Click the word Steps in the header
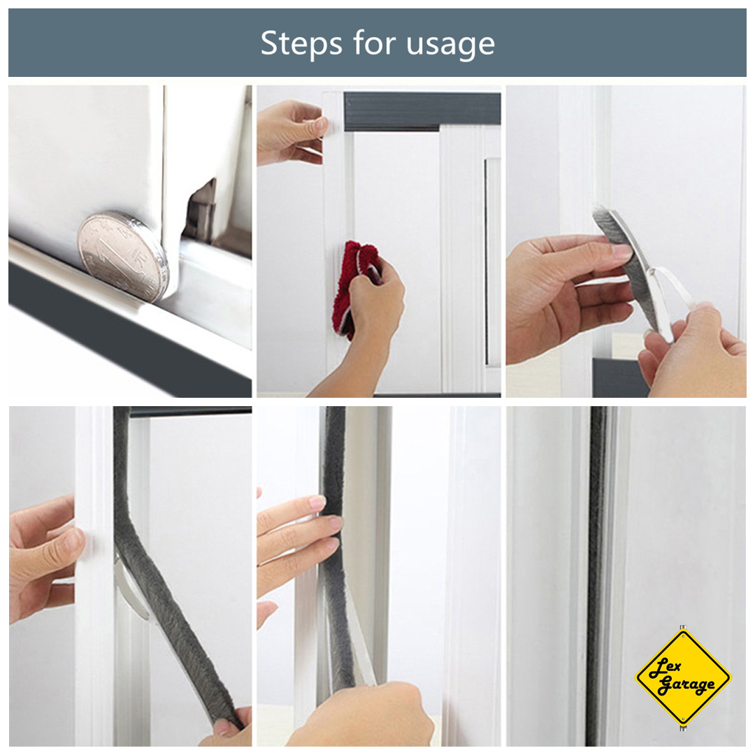(301, 43)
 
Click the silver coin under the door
(124, 255)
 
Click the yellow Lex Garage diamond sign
(683, 677)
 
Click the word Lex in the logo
(666, 668)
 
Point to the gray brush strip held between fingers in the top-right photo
(626, 255)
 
